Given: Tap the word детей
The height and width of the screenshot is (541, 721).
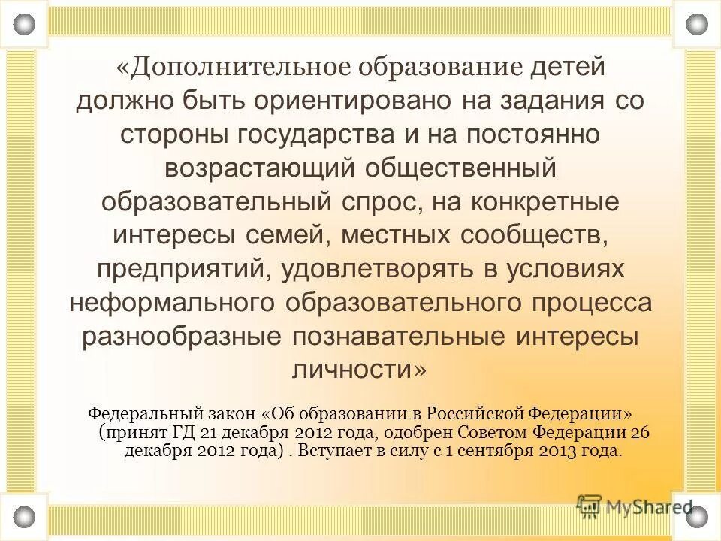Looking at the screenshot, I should coord(567,67).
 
